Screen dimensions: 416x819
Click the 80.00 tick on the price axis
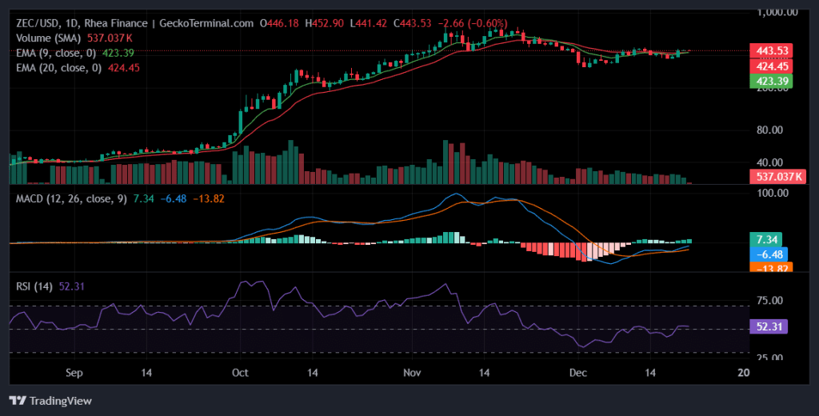pos(774,130)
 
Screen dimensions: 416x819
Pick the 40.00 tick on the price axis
pos(774,162)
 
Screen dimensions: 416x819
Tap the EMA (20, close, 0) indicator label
pos(58,68)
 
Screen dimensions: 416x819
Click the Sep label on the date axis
pos(74,373)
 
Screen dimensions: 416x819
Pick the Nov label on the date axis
pos(412,373)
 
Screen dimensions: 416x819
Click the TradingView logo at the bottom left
pos(50,400)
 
